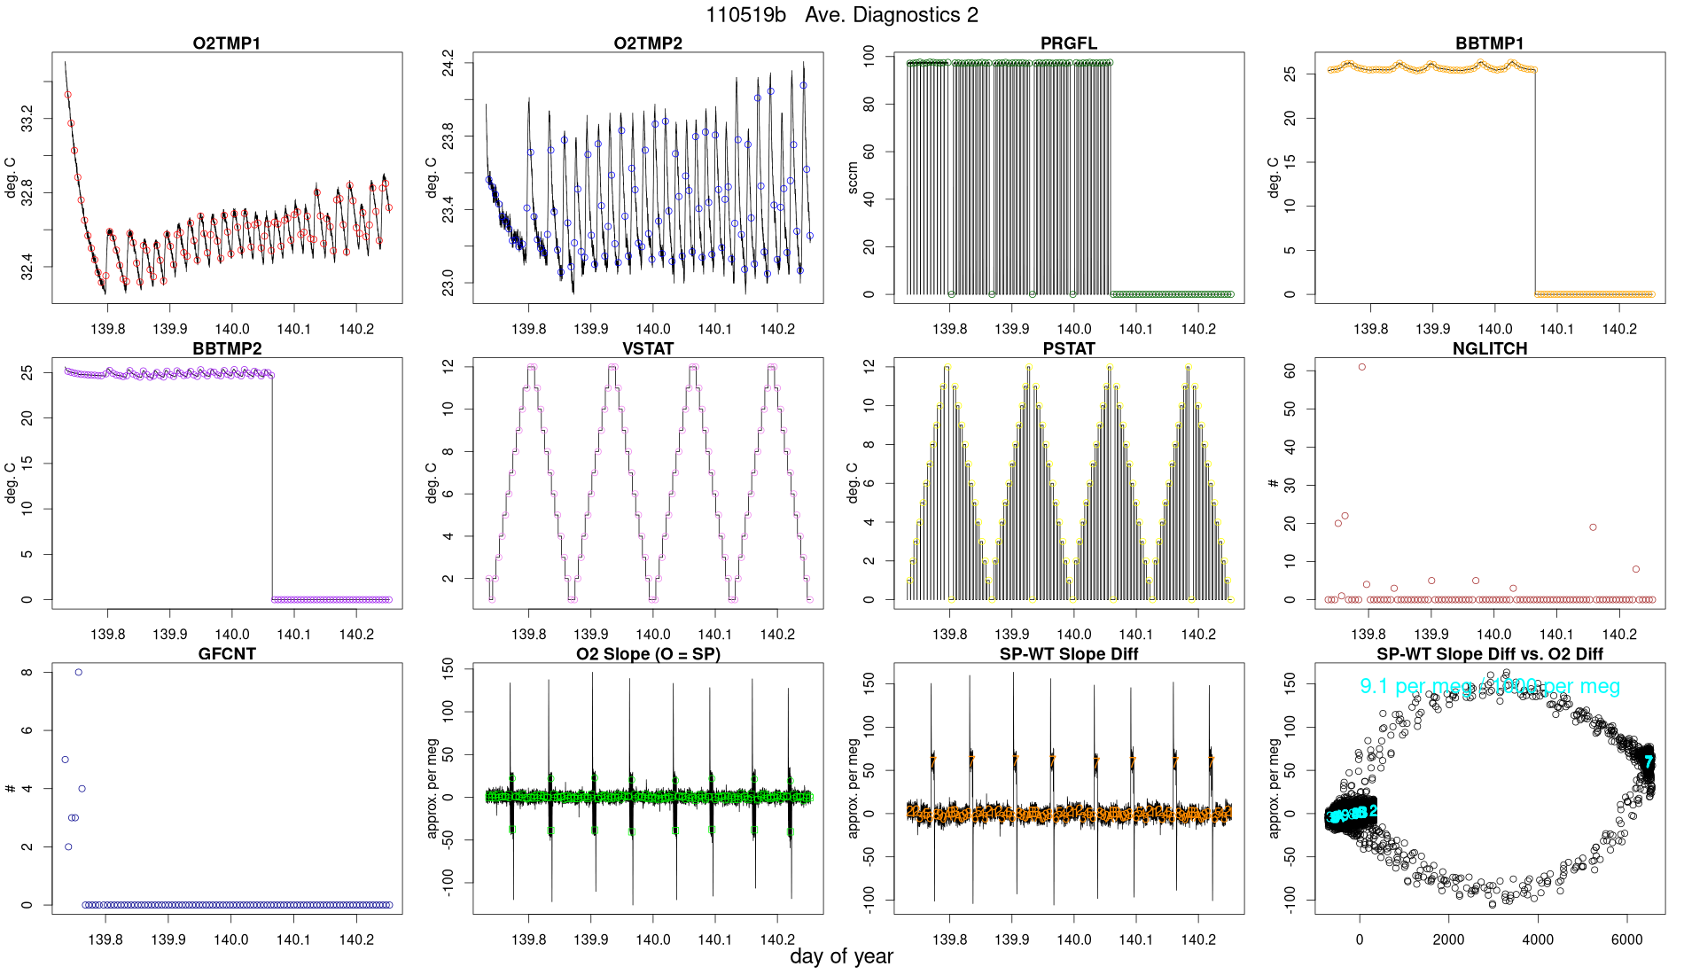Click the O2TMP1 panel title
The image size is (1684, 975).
pyautogui.click(x=227, y=43)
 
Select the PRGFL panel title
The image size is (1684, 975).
pyautogui.click(x=1069, y=43)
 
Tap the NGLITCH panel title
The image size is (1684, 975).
pyautogui.click(x=1490, y=348)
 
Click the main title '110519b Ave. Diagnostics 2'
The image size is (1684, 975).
pyautogui.click(x=842, y=15)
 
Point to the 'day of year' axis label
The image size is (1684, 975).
pyautogui.click(x=841, y=956)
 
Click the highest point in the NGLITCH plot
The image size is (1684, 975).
pyautogui.click(x=1362, y=367)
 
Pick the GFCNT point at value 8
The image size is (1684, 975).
pyautogui.click(x=79, y=672)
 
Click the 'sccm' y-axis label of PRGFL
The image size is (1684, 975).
pyautogui.click(x=853, y=178)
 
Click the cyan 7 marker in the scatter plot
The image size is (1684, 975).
pyautogui.click(x=1649, y=760)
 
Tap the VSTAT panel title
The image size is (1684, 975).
pyautogui.click(x=648, y=348)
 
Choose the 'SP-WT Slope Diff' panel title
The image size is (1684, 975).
pyautogui.click(x=1069, y=654)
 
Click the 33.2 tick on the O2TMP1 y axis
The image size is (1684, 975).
pyautogui.click(x=27, y=119)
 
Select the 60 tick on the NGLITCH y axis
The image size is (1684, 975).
pyautogui.click(x=1290, y=371)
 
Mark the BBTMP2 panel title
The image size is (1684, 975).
pyautogui.click(x=227, y=348)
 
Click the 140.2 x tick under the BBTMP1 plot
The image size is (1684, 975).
pyautogui.click(x=1619, y=329)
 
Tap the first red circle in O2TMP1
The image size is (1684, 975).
pyautogui.click(x=67, y=95)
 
